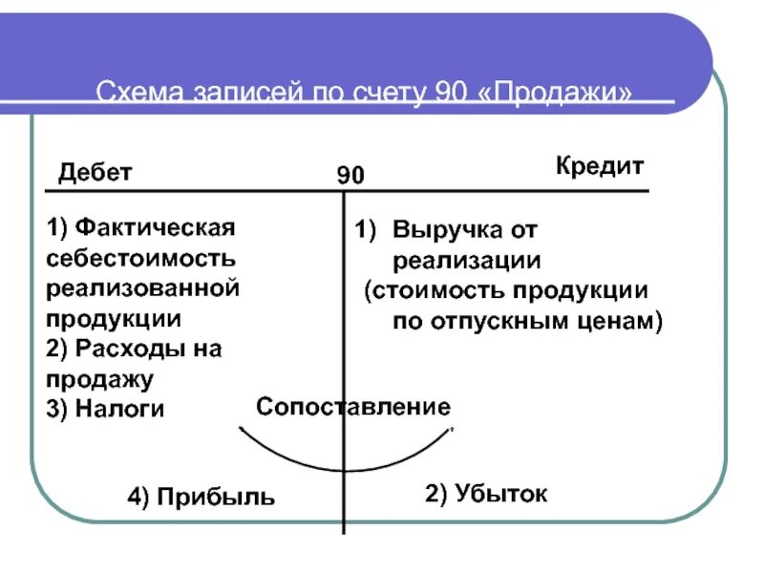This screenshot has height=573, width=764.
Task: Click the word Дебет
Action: [x=95, y=173]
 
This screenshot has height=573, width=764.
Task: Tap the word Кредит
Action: [x=600, y=165]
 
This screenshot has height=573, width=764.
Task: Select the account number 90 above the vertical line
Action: [x=350, y=176]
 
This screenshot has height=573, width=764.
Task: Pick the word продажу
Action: [x=100, y=379]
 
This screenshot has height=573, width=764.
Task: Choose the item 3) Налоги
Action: [x=105, y=409]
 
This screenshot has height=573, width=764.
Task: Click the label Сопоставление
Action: [x=352, y=408]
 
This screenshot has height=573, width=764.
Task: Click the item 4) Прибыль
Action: [x=202, y=497]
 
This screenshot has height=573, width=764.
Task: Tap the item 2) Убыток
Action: [x=486, y=494]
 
